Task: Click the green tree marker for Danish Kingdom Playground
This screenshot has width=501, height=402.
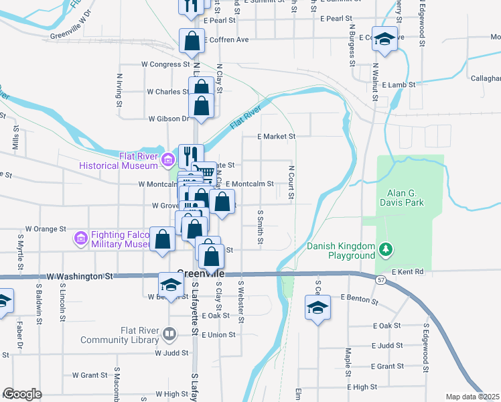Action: coord(385,251)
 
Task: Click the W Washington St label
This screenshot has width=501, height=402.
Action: coord(80,276)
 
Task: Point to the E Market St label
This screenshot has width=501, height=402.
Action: coord(277,136)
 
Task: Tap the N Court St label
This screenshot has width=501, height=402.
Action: coord(292,183)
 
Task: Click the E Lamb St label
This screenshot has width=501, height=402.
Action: coord(399,85)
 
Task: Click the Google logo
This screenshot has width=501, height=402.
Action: coord(22,394)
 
